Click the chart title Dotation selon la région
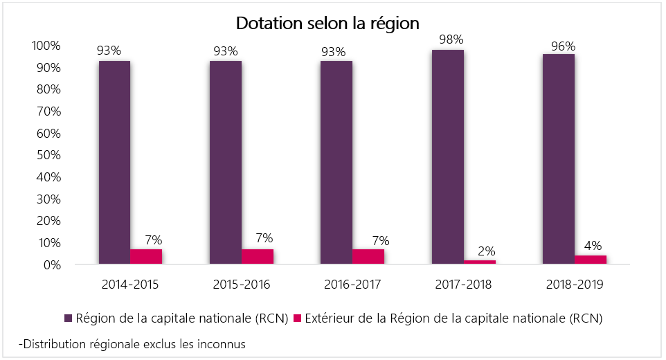pos(327,23)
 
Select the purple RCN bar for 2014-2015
pos(114,163)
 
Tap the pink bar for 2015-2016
pos(258,257)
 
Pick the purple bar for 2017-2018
pos(447,157)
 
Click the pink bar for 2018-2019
pos(590,260)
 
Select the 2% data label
pos(480,251)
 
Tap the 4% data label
pos(592,246)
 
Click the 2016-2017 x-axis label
pos(352,285)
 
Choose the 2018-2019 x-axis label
pos(574,285)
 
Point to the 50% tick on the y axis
pos(47,155)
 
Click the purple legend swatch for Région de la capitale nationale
pos(69,318)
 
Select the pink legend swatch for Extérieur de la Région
pos(298,318)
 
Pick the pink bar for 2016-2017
pos(368,257)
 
